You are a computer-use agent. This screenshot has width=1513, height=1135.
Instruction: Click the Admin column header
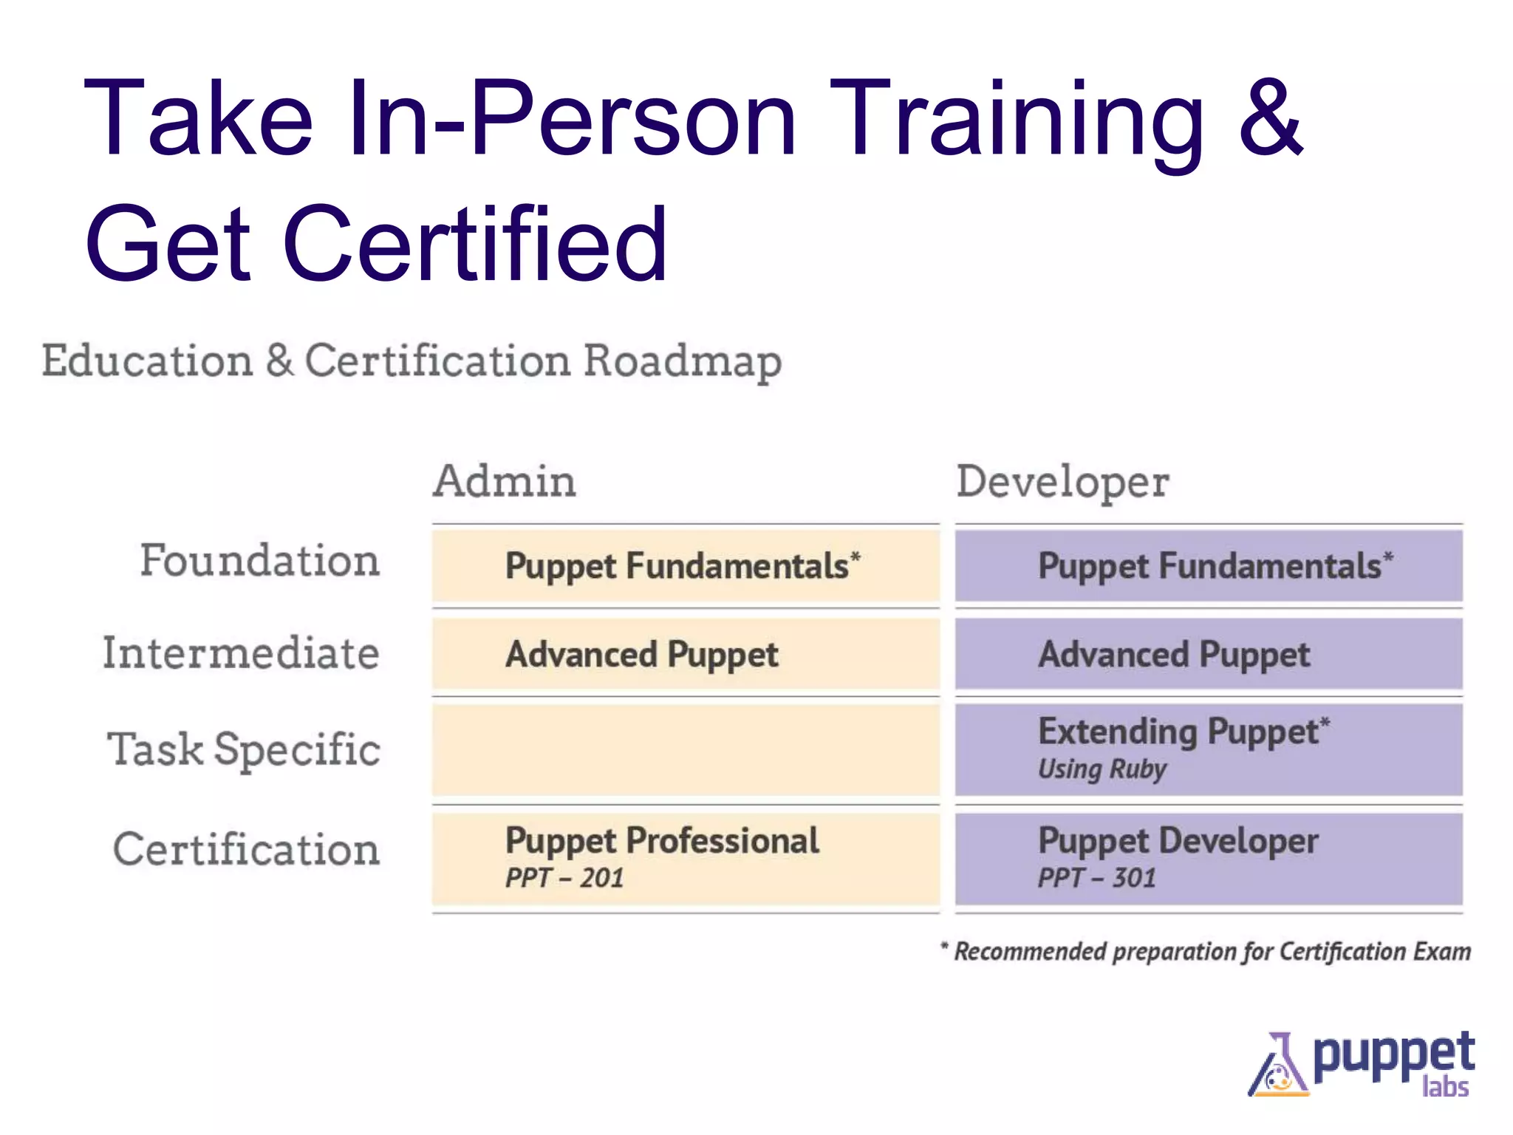504,481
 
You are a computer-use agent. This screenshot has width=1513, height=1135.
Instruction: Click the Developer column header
1062,483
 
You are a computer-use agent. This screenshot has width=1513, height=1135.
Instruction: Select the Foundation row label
260,561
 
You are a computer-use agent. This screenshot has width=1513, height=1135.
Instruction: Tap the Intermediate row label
241,653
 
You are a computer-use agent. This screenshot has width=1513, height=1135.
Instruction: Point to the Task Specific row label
244,749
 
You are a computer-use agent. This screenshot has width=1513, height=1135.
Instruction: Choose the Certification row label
247,849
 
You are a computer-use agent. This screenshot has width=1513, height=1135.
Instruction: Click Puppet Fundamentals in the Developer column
1215,567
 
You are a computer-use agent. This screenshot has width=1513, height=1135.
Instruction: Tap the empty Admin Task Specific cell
686,750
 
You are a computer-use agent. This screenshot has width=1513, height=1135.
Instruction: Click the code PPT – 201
564,879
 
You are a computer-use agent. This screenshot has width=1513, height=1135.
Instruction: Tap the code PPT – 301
1096,879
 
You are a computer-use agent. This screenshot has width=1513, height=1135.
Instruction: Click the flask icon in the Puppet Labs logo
1277,1067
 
